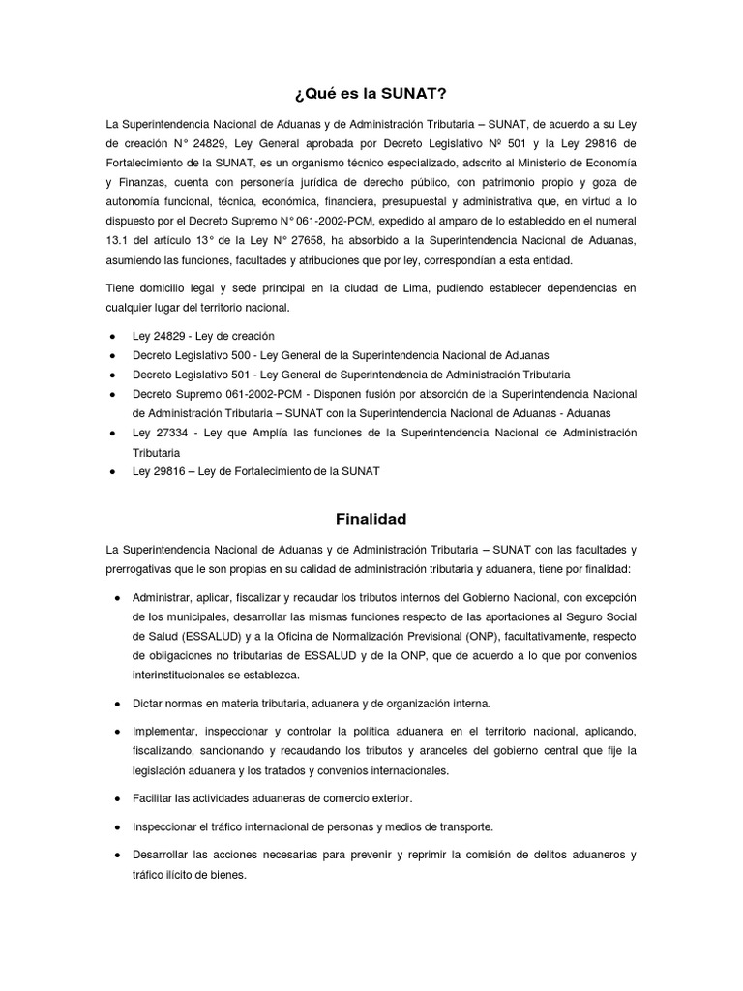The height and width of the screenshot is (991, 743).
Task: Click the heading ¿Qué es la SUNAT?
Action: click(371, 94)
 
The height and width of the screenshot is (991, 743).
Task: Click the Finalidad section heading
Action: click(371, 519)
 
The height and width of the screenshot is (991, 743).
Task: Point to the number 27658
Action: click(329, 240)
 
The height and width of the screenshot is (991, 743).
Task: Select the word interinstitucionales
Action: click(181, 675)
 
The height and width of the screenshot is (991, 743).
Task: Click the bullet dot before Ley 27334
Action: click(112, 433)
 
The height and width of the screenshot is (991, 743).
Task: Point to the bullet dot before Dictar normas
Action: click(116, 702)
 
